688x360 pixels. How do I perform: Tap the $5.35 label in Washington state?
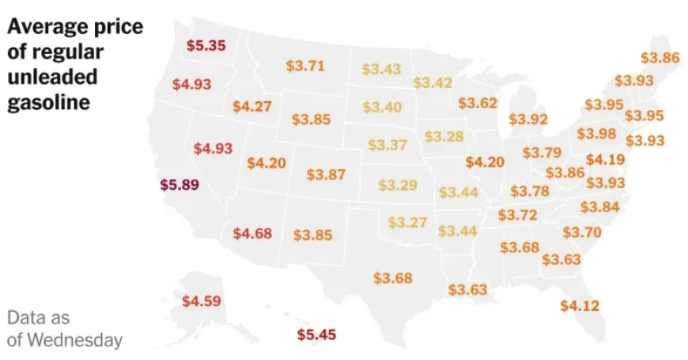206,45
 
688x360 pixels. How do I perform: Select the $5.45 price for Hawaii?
316,335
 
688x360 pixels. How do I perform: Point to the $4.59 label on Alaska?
202,301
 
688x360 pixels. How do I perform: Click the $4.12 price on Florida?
580,305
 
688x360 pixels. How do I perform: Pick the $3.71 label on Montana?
305,66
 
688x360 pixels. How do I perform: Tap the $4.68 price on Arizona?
253,233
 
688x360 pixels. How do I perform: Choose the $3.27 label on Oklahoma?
407,222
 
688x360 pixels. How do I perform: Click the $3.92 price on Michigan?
528,119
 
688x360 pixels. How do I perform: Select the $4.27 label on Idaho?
251,106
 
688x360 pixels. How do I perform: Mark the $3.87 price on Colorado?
326,174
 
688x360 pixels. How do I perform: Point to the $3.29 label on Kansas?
397,185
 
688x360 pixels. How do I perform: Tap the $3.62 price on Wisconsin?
478,103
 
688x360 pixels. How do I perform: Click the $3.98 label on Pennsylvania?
596,133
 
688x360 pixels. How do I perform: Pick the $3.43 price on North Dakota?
382,69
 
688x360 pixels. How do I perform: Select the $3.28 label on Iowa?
444,136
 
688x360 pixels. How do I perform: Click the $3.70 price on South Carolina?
582,232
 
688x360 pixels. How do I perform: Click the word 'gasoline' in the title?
48,103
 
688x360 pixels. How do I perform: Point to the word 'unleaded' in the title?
53,78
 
